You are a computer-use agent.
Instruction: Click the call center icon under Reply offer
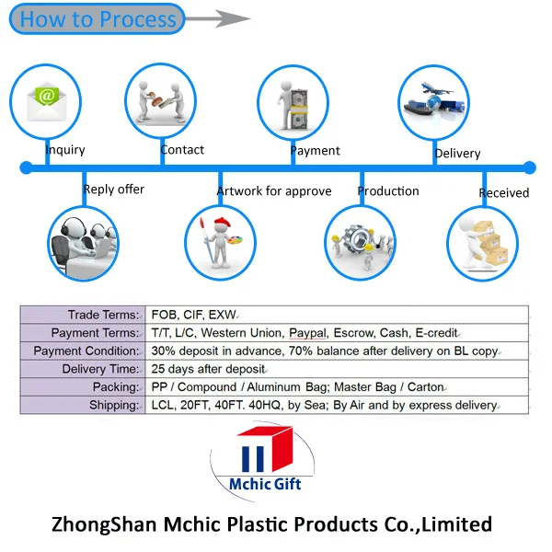(x=84, y=243)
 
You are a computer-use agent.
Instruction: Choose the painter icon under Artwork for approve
(x=220, y=241)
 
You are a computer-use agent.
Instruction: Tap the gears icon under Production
(x=361, y=241)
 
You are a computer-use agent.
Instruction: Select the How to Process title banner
(x=97, y=19)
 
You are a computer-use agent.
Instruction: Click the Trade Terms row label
(x=104, y=315)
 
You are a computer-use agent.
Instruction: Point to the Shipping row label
(x=113, y=405)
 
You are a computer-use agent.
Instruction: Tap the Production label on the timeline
(x=388, y=191)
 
